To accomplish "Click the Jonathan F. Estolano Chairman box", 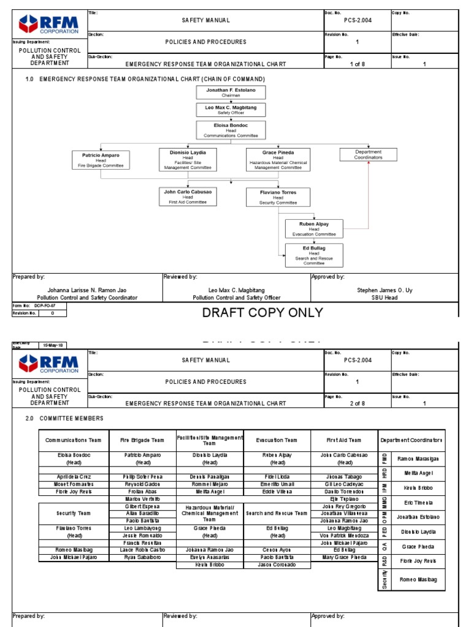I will (231, 92).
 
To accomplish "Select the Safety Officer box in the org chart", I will (231, 110).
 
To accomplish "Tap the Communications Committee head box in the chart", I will (231, 130).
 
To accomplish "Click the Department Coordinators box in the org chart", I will (368, 154).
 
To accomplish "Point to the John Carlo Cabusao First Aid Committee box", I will (188, 196).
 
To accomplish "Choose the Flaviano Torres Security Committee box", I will (278, 197).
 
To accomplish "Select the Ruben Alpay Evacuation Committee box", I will (314, 228).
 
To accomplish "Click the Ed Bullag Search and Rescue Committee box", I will (314, 254).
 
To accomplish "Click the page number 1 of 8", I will (357, 64).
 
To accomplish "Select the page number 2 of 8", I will (357, 404).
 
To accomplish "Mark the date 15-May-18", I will (53, 345).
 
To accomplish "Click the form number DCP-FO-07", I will (45, 305).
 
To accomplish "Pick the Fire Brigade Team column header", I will (142, 440).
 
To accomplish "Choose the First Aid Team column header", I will (344, 440).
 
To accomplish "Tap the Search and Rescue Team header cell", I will (277, 513).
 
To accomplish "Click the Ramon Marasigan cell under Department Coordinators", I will (417, 459).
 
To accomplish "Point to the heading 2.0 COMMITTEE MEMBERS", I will (64, 418).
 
